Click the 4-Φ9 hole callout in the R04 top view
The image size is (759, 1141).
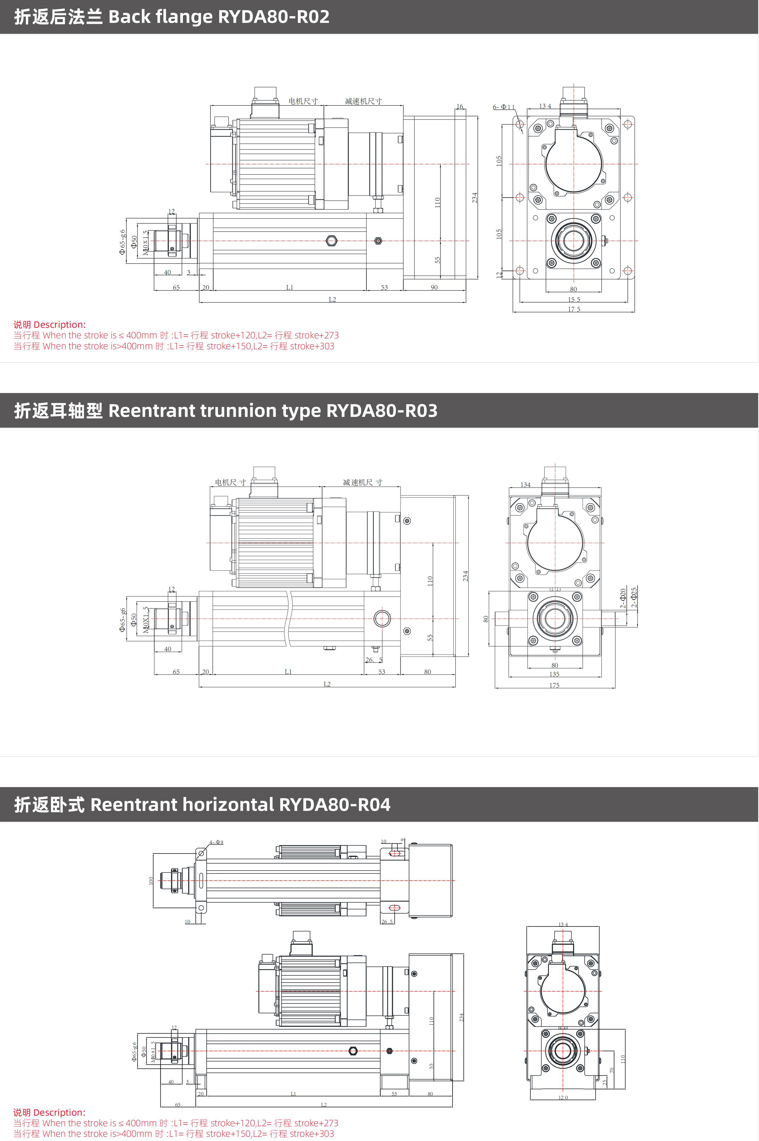point(216,842)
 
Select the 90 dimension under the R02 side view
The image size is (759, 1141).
point(434,288)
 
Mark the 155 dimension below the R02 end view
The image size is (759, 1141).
point(574,299)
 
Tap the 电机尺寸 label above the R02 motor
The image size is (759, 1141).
point(303,101)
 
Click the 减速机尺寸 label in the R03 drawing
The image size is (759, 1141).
point(363,482)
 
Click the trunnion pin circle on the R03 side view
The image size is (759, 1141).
point(382,619)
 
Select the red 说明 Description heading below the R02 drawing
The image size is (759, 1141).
point(49,325)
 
